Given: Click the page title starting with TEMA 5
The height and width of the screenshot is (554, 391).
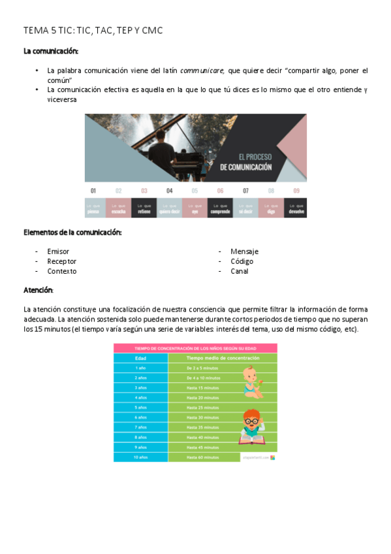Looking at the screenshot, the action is click(x=93, y=31).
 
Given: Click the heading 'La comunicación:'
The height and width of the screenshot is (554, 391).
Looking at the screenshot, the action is click(x=50, y=51).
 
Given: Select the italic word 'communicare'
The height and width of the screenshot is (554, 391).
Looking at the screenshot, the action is click(x=202, y=70).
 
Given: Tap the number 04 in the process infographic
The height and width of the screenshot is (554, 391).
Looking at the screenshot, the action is click(x=170, y=191).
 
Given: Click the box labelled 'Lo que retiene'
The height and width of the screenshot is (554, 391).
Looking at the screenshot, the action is click(x=144, y=208).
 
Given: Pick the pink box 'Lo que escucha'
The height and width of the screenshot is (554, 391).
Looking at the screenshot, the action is click(x=119, y=208).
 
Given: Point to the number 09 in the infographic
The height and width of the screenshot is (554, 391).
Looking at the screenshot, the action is click(x=296, y=191).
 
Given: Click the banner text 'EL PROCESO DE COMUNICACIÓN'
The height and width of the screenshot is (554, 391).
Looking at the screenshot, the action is click(x=245, y=162).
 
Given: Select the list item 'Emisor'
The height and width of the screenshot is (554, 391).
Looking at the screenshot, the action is click(x=58, y=252).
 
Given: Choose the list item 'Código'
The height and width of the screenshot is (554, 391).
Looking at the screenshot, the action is click(x=242, y=261).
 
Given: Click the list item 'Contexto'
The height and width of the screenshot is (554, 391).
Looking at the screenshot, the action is click(x=61, y=271).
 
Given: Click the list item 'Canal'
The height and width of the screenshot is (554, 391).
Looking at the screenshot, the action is click(x=239, y=271).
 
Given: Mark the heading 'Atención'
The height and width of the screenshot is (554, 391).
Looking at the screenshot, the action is click(x=38, y=289).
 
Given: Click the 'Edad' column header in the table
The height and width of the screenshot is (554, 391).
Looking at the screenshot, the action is click(x=140, y=358).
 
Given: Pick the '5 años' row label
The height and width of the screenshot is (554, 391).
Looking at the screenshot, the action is click(x=140, y=407).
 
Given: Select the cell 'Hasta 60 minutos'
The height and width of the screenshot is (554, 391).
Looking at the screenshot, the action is click(x=202, y=457).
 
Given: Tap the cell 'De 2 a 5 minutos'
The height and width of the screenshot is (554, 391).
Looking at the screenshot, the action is click(x=202, y=368).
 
